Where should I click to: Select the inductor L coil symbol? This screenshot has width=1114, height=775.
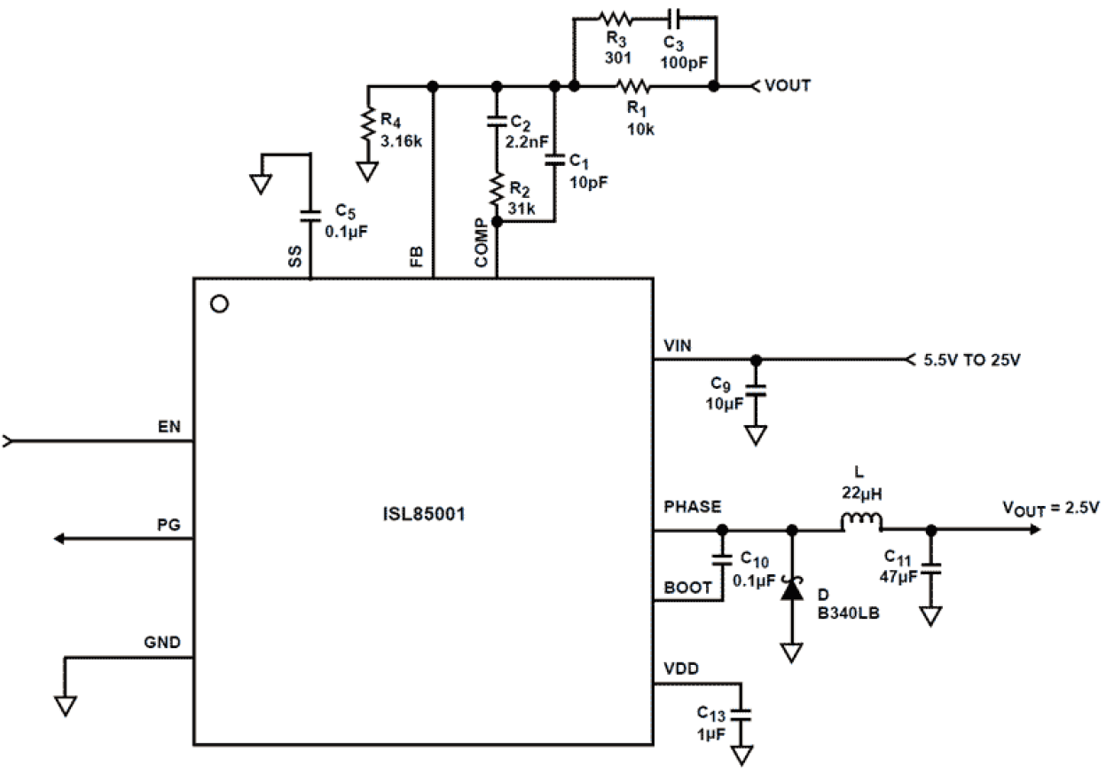tap(860, 522)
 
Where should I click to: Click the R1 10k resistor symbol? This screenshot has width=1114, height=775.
tap(634, 86)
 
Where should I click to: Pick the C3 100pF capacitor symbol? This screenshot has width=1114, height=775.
tap(674, 17)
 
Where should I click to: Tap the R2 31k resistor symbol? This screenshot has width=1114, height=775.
tap(497, 188)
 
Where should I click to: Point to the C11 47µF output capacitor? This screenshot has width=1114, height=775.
tap(930, 568)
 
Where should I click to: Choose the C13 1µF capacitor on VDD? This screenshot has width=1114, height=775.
tap(741, 713)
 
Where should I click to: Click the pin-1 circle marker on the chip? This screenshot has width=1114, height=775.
tap(220, 304)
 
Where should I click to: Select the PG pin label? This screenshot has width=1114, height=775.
tap(169, 525)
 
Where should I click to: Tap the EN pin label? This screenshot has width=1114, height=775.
tap(169, 427)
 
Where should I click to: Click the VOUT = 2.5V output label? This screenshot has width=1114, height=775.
tap(1051, 508)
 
